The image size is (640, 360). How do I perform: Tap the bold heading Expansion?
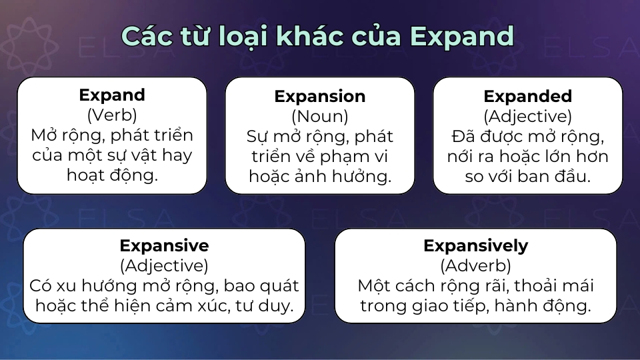coord(320,96)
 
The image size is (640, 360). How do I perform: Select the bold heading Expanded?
coord(528,96)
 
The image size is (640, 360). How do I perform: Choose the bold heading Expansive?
coord(164,245)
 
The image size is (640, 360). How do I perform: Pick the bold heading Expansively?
coord(475,245)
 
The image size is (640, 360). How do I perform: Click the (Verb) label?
coord(112,115)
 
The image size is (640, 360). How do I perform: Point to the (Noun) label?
coord(320,116)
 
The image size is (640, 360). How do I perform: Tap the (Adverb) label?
coord(475,266)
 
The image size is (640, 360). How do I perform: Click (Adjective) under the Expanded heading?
coord(528,116)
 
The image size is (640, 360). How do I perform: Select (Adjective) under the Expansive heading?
coord(164,266)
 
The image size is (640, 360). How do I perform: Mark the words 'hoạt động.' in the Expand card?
coord(112,175)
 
